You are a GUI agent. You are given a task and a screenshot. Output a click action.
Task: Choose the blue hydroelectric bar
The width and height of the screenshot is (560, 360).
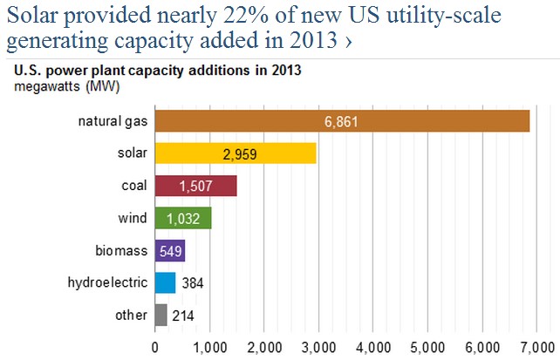(x=165, y=282)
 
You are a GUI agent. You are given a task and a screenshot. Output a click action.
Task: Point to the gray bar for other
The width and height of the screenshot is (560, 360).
(x=160, y=315)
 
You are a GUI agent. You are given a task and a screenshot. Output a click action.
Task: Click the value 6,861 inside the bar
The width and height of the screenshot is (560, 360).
(x=341, y=121)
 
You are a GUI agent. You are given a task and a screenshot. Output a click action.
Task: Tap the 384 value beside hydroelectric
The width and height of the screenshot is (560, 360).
(x=193, y=282)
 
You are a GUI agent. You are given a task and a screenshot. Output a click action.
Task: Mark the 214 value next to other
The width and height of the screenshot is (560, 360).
(x=184, y=315)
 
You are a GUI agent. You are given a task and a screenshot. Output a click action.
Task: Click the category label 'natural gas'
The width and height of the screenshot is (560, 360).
(x=111, y=121)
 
